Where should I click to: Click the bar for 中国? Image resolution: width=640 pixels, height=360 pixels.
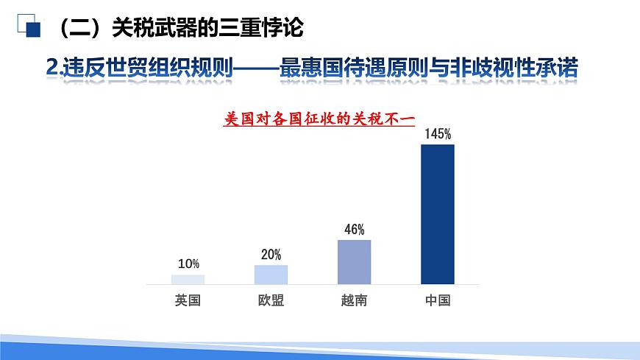437,214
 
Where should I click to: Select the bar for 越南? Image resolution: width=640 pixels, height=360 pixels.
354,262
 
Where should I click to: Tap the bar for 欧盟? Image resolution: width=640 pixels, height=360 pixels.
271,275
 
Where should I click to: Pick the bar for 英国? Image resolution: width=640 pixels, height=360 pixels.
188,280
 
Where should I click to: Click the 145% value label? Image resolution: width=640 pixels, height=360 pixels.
437,134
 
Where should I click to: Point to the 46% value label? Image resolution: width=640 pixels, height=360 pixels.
354,229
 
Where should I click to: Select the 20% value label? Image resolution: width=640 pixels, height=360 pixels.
271,255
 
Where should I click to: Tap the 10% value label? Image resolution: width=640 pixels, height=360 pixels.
188,264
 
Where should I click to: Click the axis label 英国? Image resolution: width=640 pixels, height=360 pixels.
188,300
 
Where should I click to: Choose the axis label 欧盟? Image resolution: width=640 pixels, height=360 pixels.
271,300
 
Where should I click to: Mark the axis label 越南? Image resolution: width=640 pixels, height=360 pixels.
354,300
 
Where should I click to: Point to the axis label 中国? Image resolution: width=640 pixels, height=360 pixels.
437,300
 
